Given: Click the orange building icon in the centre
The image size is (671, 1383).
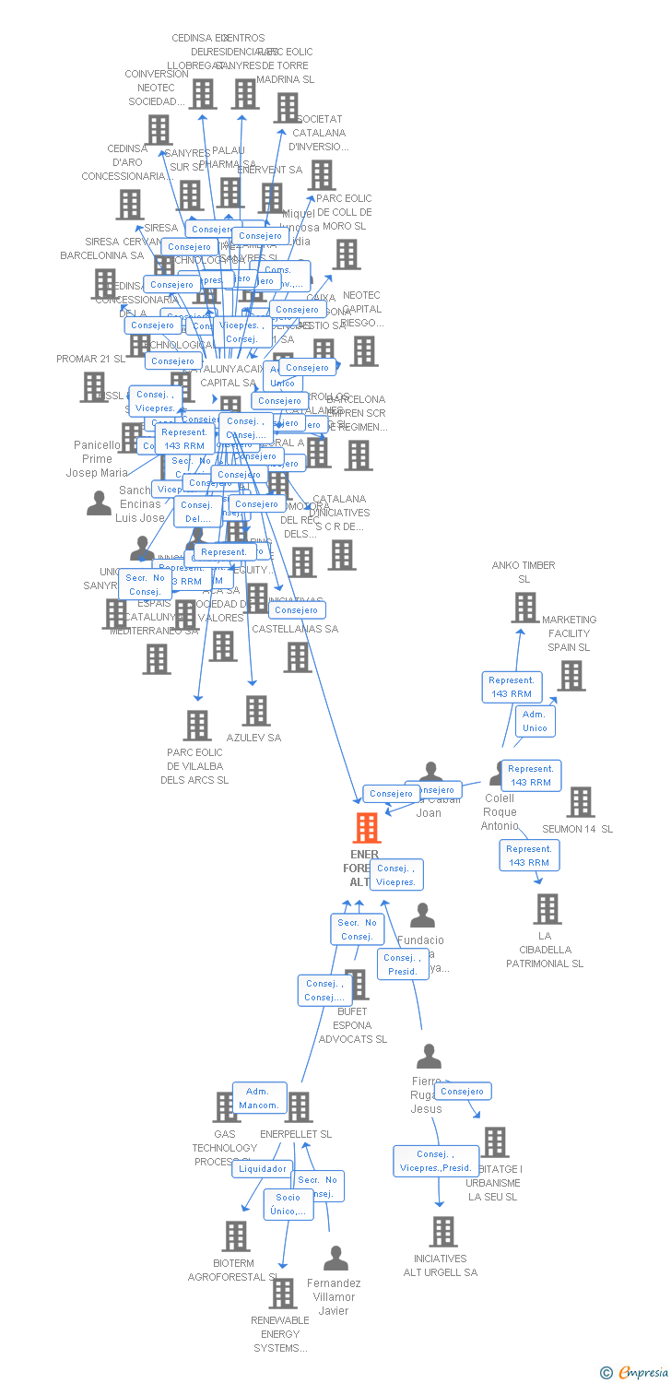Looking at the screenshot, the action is click(367, 828).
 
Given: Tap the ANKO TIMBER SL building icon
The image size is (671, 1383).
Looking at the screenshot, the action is click(525, 608).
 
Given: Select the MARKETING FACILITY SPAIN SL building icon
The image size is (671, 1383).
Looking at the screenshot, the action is click(571, 676).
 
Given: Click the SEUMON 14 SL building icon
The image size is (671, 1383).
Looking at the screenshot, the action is click(581, 802).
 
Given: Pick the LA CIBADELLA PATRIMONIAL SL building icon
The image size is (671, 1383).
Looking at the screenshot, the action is click(547, 909).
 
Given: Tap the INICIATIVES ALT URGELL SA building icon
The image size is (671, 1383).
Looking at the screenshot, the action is click(443, 1232).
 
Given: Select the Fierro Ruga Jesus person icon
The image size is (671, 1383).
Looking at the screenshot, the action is click(429, 1057).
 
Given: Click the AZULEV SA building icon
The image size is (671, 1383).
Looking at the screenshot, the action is click(256, 710).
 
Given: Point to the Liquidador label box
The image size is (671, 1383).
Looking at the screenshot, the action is click(263, 1168).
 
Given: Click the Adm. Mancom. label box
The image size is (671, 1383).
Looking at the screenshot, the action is click(259, 1098).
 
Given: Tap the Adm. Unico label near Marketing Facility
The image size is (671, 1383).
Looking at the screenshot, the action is click(535, 721).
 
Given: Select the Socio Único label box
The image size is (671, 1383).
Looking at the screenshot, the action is click(288, 1204).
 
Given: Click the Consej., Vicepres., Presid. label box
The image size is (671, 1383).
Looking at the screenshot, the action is click(436, 1161).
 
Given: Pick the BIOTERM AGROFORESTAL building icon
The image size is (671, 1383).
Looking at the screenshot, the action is click(236, 1236).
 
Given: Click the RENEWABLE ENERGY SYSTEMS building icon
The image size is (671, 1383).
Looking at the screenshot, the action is click(283, 1294).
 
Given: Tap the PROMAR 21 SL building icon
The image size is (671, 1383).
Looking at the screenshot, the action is click(94, 387).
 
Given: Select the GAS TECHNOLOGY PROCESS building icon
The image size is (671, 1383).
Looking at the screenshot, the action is click(226, 1107).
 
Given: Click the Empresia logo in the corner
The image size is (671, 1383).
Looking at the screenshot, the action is click(635, 1373).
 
